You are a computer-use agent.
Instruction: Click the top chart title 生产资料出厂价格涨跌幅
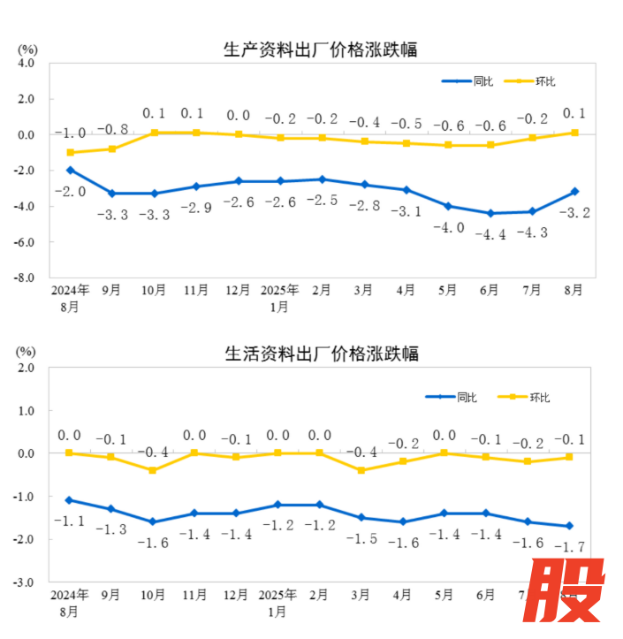point(321,50)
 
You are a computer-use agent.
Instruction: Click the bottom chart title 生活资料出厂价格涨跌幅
point(321,354)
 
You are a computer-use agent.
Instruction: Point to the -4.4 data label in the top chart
point(490,234)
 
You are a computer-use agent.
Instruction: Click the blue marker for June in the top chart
point(490,213)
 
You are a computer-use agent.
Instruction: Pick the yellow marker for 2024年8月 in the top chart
point(70,153)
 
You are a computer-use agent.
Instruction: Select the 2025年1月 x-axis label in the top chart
point(280,298)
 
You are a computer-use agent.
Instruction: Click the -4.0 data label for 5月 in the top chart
point(448,227)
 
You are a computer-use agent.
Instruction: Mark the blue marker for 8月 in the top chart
point(574,192)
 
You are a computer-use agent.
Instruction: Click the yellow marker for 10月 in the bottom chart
point(153,470)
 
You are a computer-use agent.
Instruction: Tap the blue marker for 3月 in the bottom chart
point(361,518)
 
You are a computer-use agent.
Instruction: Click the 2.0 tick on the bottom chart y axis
point(26,368)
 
